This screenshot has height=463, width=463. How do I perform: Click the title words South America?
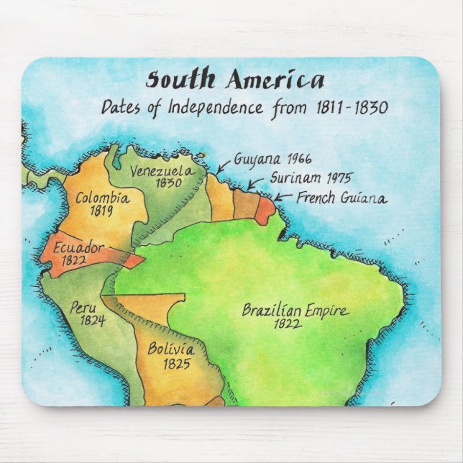pos(235,80)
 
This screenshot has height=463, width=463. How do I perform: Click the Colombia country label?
pos(102,198)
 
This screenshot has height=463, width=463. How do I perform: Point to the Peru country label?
pos(83,308)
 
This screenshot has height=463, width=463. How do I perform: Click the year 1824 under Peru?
pos(93,321)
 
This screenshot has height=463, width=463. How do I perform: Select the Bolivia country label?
pos(171,349)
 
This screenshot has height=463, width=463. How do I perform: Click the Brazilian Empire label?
pos(295,311)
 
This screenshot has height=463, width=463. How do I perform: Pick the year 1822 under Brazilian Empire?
pos(288,325)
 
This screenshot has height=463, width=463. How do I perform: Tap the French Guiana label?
pos(341,198)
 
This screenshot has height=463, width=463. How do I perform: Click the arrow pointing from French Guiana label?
pos(283,196)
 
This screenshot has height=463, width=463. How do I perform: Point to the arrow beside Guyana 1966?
pos(224,166)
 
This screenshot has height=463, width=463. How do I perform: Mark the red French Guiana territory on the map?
pos(265,209)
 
